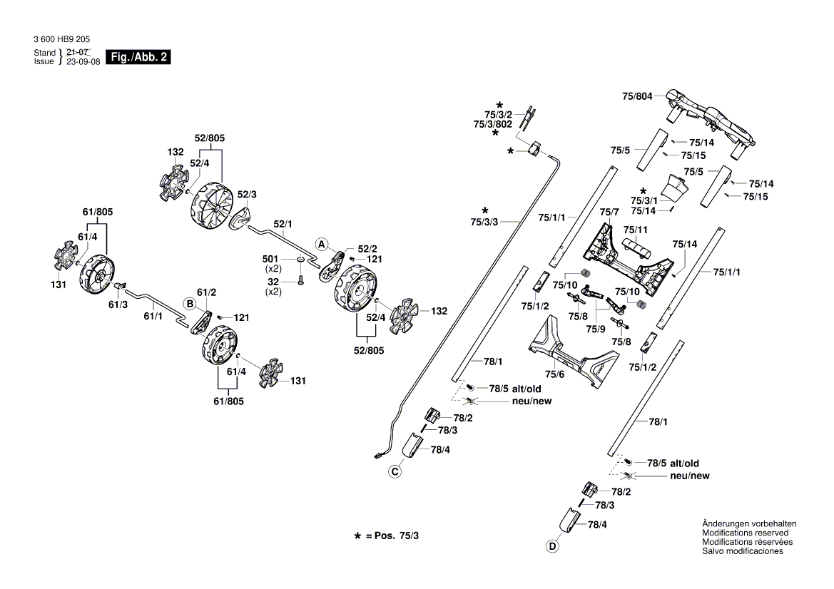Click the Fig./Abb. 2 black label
click(138, 57)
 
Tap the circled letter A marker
click(322, 243)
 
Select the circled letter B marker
click(190, 303)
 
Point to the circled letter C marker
click(395, 471)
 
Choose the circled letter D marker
click(551, 547)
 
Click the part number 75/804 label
click(637, 96)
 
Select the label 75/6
click(554, 374)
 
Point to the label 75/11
click(635, 230)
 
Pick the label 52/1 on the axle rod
click(283, 224)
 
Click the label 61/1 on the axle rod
click(153, 316)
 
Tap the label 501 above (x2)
click(270, 258)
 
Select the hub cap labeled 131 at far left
click(66, 255)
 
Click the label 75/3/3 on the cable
click(485, 222)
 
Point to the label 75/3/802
click(493, 123)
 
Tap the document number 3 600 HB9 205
click(62, 41)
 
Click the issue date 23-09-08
click(83, 61)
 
